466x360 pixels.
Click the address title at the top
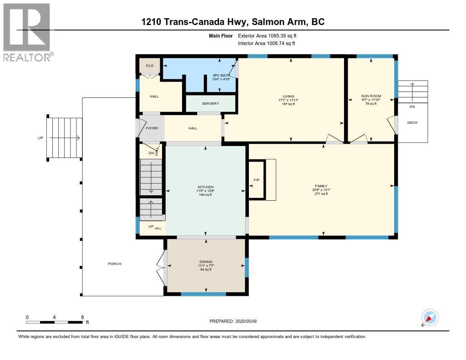tap(233, 22)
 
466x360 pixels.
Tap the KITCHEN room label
tap(205, 187)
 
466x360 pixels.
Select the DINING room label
tap(206, 262)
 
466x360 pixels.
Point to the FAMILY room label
tap(321, 186)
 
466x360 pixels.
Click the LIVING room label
tap(289, 96)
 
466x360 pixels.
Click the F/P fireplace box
tap(256, 180)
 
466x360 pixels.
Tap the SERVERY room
tap(211, 103)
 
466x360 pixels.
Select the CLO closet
tap(149, 66)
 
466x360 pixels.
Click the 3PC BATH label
tap(221, 76)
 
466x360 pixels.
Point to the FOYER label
tap(152, 128)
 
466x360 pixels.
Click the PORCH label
tap(115, 264)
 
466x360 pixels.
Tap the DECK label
tap(412, 122)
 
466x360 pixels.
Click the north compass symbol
tap(430, 318)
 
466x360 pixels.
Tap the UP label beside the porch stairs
tap(40, 137)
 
